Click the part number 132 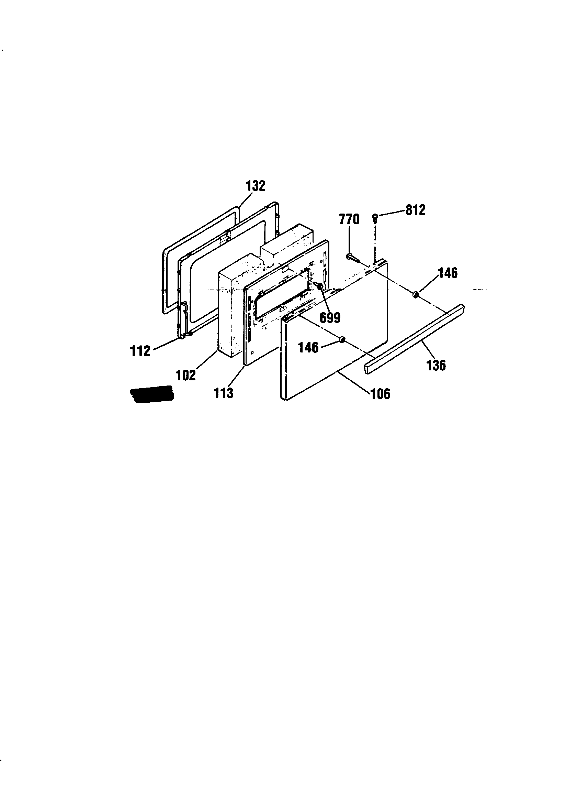pyautogui.click(x=256, y=186)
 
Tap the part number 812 pyautogui.click(x=416, y=210)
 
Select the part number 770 pyautogui.click(x=349, y=219)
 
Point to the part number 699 pyautogui.click(x=330, y=318)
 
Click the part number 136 pyautogui.click(x=436, y=365)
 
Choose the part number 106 pyautogui.click(x=380, y=394)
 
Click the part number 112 pyautogui.click(x=140, y=350)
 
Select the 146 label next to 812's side pyautogui.click(x=448, y=273)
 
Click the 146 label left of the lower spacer pyautogui.click(x=308, y=348)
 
